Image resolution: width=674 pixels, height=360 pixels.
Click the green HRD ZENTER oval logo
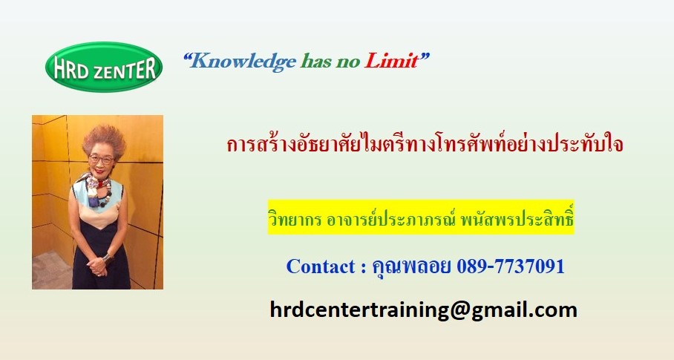[x=104, y=67]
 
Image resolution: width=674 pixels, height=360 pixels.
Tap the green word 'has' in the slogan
[x=316, y=62]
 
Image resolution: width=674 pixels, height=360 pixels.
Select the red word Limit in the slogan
[x=392, y=61]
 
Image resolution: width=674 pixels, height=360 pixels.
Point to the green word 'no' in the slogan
[x=347, y=62]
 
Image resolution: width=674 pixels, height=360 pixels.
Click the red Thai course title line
[x=425, y=144]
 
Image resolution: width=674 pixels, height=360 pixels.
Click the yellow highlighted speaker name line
[x=421, y=217]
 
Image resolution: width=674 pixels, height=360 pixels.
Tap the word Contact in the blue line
[x=321, y=266]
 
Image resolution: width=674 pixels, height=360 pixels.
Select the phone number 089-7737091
[x=510, y=266]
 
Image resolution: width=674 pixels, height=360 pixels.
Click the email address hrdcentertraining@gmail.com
[x=423, y=310]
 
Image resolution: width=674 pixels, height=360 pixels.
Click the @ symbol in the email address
[x=459, y=310]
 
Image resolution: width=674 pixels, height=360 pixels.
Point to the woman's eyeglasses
[x=102, y=160]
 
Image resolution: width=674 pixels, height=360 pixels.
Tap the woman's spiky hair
[x=104, y=140]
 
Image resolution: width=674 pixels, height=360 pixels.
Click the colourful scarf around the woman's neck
[x=97, y=188]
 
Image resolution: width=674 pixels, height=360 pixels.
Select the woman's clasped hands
[x=97, y=265]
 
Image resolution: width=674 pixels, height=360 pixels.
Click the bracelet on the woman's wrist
[x=107, y=258]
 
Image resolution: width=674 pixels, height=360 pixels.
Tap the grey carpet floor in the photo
[x=50, y=271]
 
